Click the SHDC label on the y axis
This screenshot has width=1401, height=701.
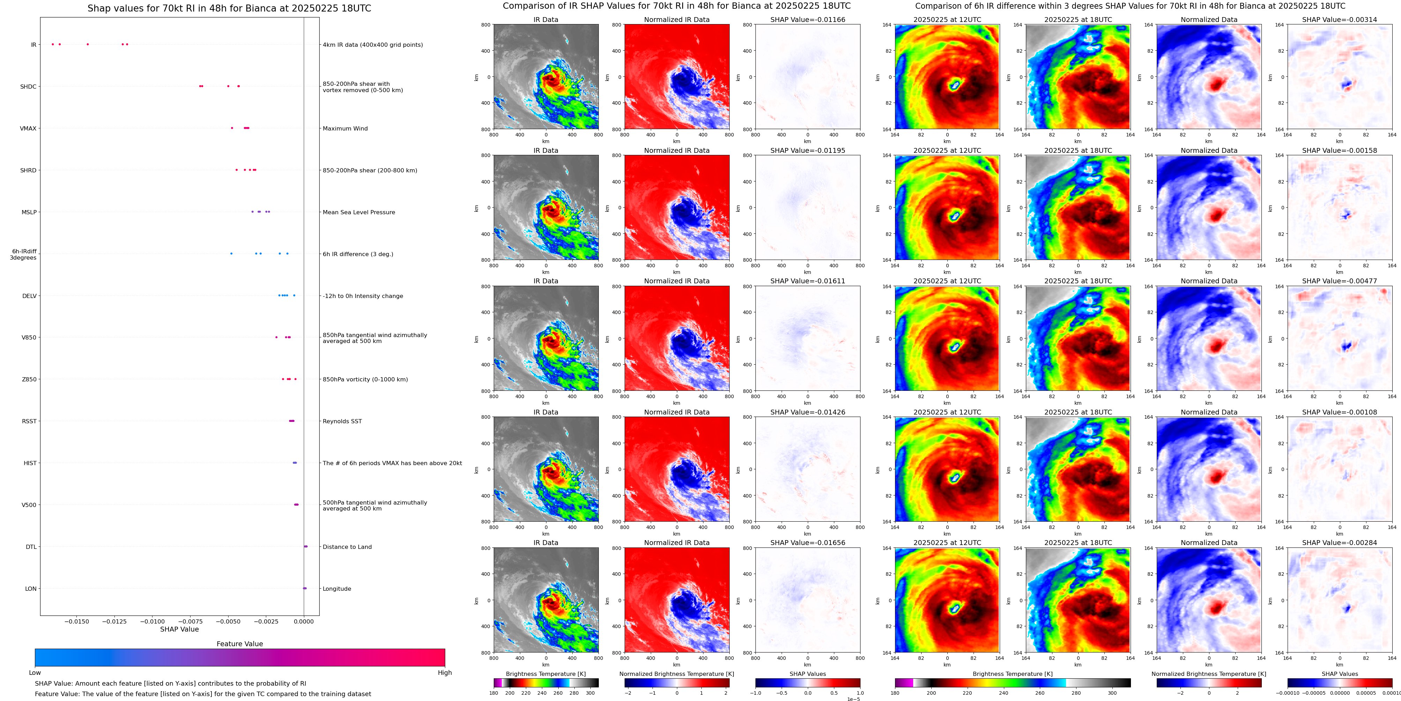(28, 87)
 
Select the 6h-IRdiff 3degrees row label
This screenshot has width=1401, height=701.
(24, 254)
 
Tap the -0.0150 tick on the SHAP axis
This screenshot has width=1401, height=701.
(77, 621)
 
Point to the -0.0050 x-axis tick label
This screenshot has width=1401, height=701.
(228, 621)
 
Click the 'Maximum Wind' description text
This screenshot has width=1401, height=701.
(345, 129)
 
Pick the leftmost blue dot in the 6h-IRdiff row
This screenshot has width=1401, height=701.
(231, 253)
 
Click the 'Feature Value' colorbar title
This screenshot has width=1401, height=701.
(239, 644)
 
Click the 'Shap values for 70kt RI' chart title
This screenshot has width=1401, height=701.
(229, 8)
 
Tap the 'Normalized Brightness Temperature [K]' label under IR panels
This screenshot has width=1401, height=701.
(677, 674)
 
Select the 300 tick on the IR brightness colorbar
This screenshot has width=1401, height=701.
(590, 693)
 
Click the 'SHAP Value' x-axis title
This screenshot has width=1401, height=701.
(179, 629)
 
